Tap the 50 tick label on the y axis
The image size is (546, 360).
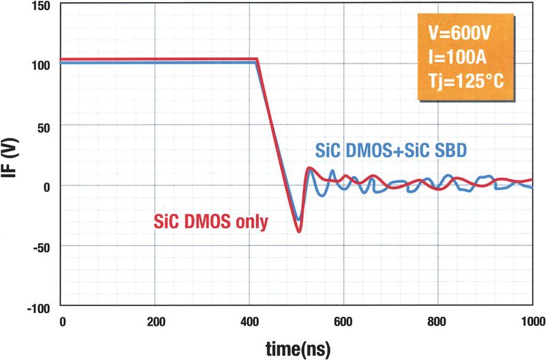[x=46, y=126]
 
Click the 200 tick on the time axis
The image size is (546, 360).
[x=156, y=321]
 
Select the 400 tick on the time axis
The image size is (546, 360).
[x=250, y=321]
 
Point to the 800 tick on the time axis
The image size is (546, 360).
[x=438, y=321]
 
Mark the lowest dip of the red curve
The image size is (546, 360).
[x=299, y=232]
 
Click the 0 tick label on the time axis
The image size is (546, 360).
[x=62, y=321]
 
